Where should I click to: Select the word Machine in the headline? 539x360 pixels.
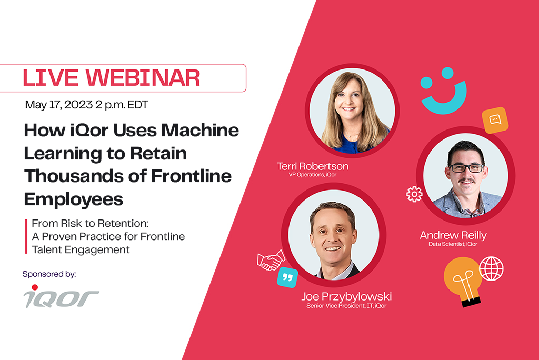pyautogui.click(x=200, y=131)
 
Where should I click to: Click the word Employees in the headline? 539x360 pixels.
pyautogui.click(x=74, y=199)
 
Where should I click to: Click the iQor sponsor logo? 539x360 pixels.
pyautogui.click(x=61, y=296)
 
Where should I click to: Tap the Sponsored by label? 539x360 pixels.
pyautogui.click(x=49, y=274)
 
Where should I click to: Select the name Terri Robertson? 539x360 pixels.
pyautogui.click(x=313, y=166)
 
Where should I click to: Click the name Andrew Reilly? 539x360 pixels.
pyautogui.click(x=453, y=235)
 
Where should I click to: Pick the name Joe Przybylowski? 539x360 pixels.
pyautogui.click(x=346, y=296)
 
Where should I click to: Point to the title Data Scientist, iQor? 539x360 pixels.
pyautogui.click(x=453, y=244)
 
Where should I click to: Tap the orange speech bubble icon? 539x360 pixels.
pyautogui.click(x=495, y=120)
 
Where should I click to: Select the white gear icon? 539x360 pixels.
pyautogui.click(x=414, y=194)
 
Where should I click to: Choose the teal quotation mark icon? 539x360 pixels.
pyautogui.click(x=287, y=277)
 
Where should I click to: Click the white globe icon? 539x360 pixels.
pyautogui.click(x=491, y=268)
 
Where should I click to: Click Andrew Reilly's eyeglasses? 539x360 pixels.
pyautogui.click(x=466, y=168)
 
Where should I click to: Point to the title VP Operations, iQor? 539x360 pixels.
pyautogui.click(x=313, y=175)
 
